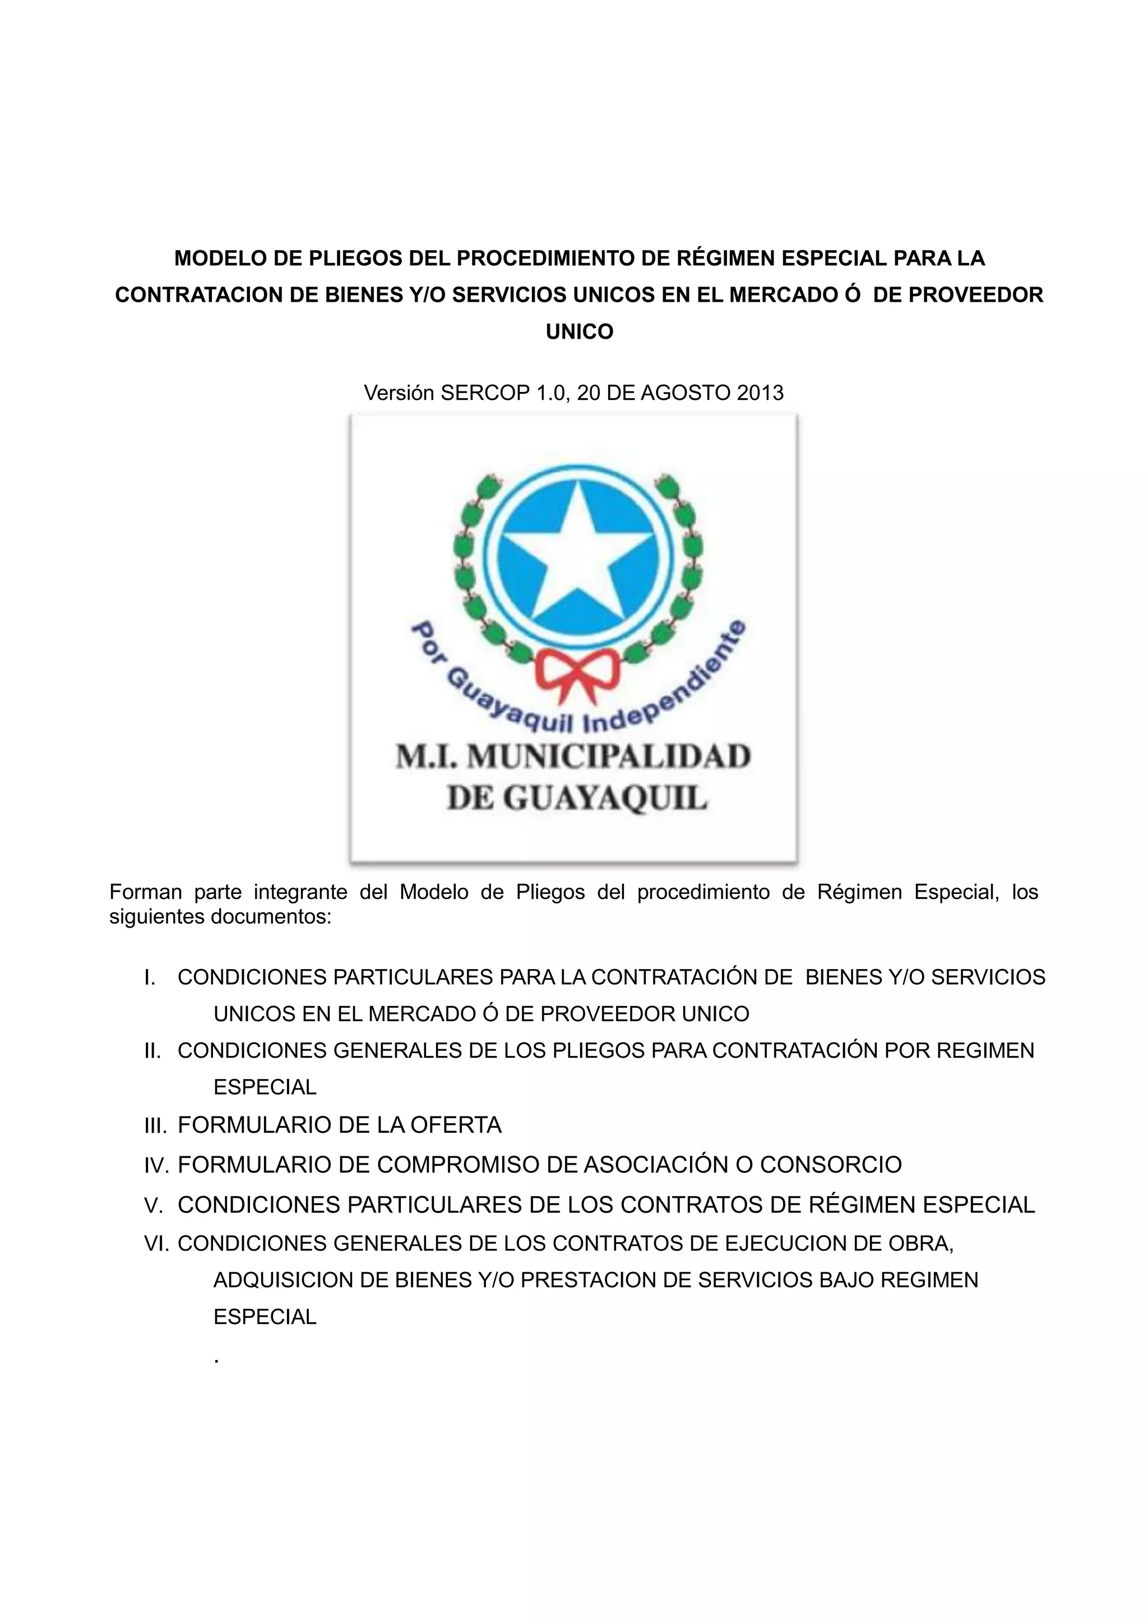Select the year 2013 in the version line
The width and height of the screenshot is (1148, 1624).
(760, 393)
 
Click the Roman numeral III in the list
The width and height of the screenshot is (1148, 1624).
(155, 1125)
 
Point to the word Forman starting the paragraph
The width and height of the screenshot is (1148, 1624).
(146, 892)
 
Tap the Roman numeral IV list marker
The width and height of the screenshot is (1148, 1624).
(156, 1165)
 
